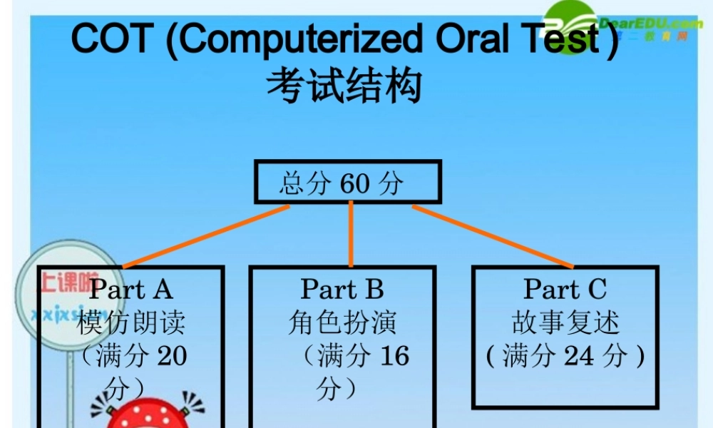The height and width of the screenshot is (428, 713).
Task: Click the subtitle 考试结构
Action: point(344,87)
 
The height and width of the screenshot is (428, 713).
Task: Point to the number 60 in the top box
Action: point(355,183)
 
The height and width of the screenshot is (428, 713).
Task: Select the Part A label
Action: point(131,289)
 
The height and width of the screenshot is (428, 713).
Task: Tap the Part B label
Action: point(342,289)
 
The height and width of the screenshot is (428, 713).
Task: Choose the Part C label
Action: point(565,289)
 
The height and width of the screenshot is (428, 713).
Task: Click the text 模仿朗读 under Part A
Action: point(131,322)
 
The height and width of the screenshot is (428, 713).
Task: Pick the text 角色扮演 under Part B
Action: point(342,322)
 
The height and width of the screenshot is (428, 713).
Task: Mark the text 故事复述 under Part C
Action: point(565,322)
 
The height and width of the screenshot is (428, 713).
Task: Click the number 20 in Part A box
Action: point(172,355)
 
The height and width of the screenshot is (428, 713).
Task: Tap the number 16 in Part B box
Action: point(394,355)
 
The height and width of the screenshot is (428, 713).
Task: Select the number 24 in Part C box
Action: point(580,355)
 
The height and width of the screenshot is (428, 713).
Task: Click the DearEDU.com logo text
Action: point(646,24)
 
